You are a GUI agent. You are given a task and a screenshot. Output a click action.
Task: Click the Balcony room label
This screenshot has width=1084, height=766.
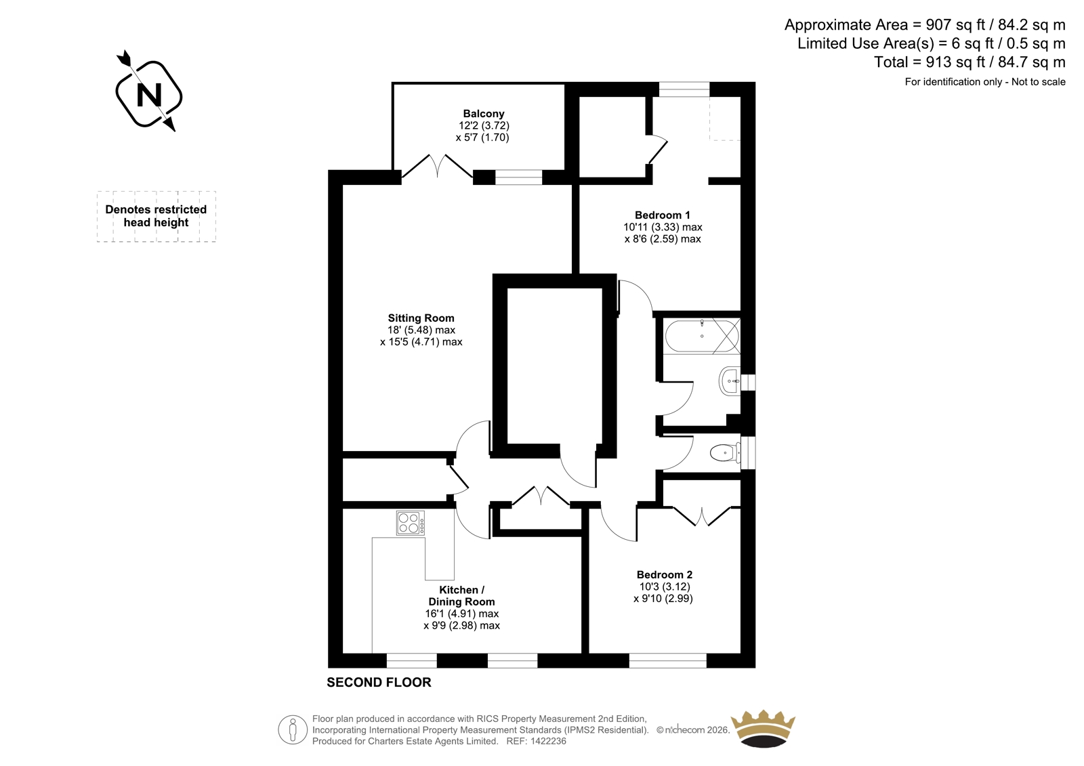[484, 114]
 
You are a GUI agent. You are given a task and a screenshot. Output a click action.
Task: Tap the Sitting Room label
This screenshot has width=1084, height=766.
[421, 318]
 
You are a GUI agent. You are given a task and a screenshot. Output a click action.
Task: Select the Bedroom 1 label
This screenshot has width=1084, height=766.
[663, 215]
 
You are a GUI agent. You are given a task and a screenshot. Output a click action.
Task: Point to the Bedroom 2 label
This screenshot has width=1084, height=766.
[665, 575]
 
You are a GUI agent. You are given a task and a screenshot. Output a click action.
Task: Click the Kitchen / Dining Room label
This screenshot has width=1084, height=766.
[461, 596]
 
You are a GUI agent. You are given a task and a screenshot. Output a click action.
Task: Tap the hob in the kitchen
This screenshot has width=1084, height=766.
[411, 523]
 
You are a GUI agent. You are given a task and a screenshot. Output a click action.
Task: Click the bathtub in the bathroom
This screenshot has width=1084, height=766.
[702, 336]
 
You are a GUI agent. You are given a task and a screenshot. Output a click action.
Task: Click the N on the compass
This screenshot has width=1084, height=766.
[149, 95]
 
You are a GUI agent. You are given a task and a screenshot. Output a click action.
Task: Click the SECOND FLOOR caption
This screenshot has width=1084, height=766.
[379, 682]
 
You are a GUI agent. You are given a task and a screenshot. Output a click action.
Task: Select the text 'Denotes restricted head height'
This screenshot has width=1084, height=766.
[156, 216]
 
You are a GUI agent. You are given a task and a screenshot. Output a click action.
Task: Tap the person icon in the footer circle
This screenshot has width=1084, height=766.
[292, 729]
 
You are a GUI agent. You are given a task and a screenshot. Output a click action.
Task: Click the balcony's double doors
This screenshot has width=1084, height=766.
[437, 167]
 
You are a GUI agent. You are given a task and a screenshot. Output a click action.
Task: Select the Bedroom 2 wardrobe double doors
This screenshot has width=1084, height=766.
[701, 516]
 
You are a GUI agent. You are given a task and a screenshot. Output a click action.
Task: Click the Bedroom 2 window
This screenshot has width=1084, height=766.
[668, 660]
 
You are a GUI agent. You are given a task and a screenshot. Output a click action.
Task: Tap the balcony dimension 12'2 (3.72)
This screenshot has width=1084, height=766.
[484, 125]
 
